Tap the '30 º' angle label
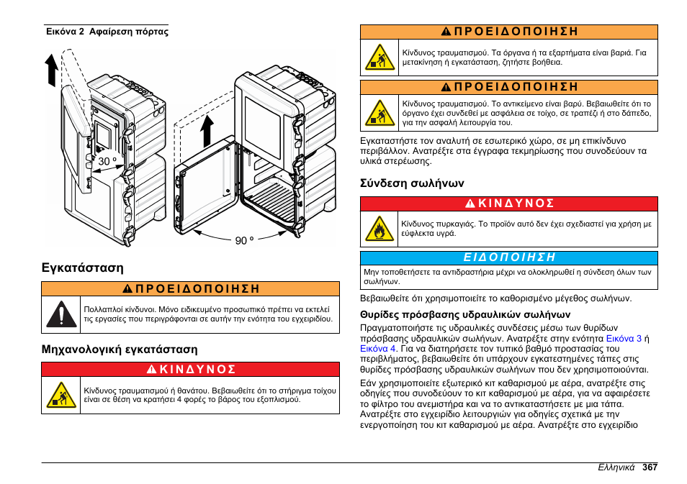coord(107,162)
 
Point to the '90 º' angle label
coord(245,241)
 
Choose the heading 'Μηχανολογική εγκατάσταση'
coord(120,349)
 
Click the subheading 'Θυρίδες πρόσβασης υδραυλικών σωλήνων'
coord(465,314)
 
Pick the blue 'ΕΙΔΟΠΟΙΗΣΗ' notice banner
coord(509,257)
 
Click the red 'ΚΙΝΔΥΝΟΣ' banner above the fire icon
coord(509,204)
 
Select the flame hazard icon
coord(379,229)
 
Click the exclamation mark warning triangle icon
coord(62,315)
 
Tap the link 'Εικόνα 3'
coord(624,338)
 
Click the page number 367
coord(650,467)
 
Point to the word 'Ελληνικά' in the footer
coord(616,467)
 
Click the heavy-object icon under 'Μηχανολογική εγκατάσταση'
coord(62,395)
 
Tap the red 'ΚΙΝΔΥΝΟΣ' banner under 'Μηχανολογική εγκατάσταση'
coord(190,369)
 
